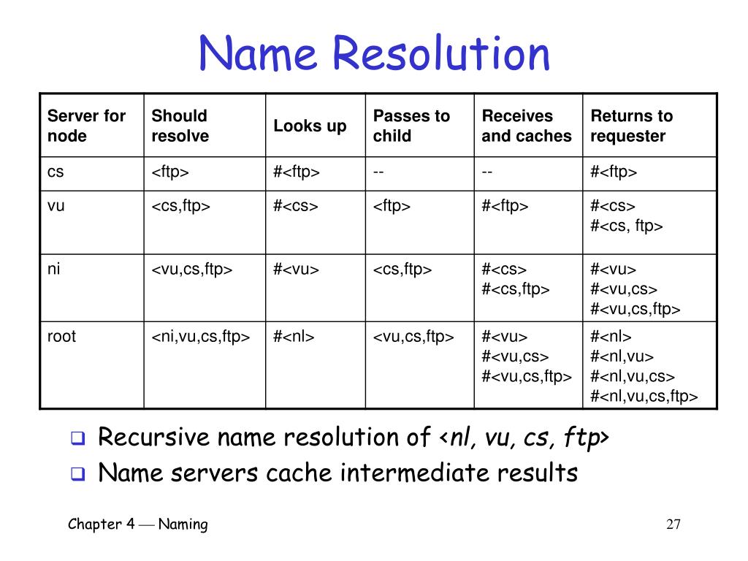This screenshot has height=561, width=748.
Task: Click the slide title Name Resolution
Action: (374, 54)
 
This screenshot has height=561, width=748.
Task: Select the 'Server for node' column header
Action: (86, 126)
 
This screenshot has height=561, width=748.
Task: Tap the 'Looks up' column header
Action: (310, 126)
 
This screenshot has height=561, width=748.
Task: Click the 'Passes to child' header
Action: (411, 126)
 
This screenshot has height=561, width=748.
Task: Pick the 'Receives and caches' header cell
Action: (526, 126)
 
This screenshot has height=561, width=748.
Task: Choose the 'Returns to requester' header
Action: (631, 126)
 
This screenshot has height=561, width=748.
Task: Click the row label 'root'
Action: (61, 337)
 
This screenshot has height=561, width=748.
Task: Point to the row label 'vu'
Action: (56, 206)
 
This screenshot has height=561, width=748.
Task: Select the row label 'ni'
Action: (54, 269)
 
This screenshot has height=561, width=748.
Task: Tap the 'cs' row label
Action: (56, 172)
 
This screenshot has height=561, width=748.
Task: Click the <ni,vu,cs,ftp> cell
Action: (201, 337)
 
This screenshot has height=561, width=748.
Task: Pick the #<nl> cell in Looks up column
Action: (294, 337)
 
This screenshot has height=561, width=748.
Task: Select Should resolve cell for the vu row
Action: (181, 207)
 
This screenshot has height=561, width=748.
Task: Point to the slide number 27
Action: (673, 524)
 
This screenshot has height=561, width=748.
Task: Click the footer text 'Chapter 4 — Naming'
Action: (138, 524)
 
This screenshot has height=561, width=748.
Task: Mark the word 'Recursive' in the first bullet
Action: (145, 438)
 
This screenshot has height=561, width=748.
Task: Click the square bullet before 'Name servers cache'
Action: (77, 474)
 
